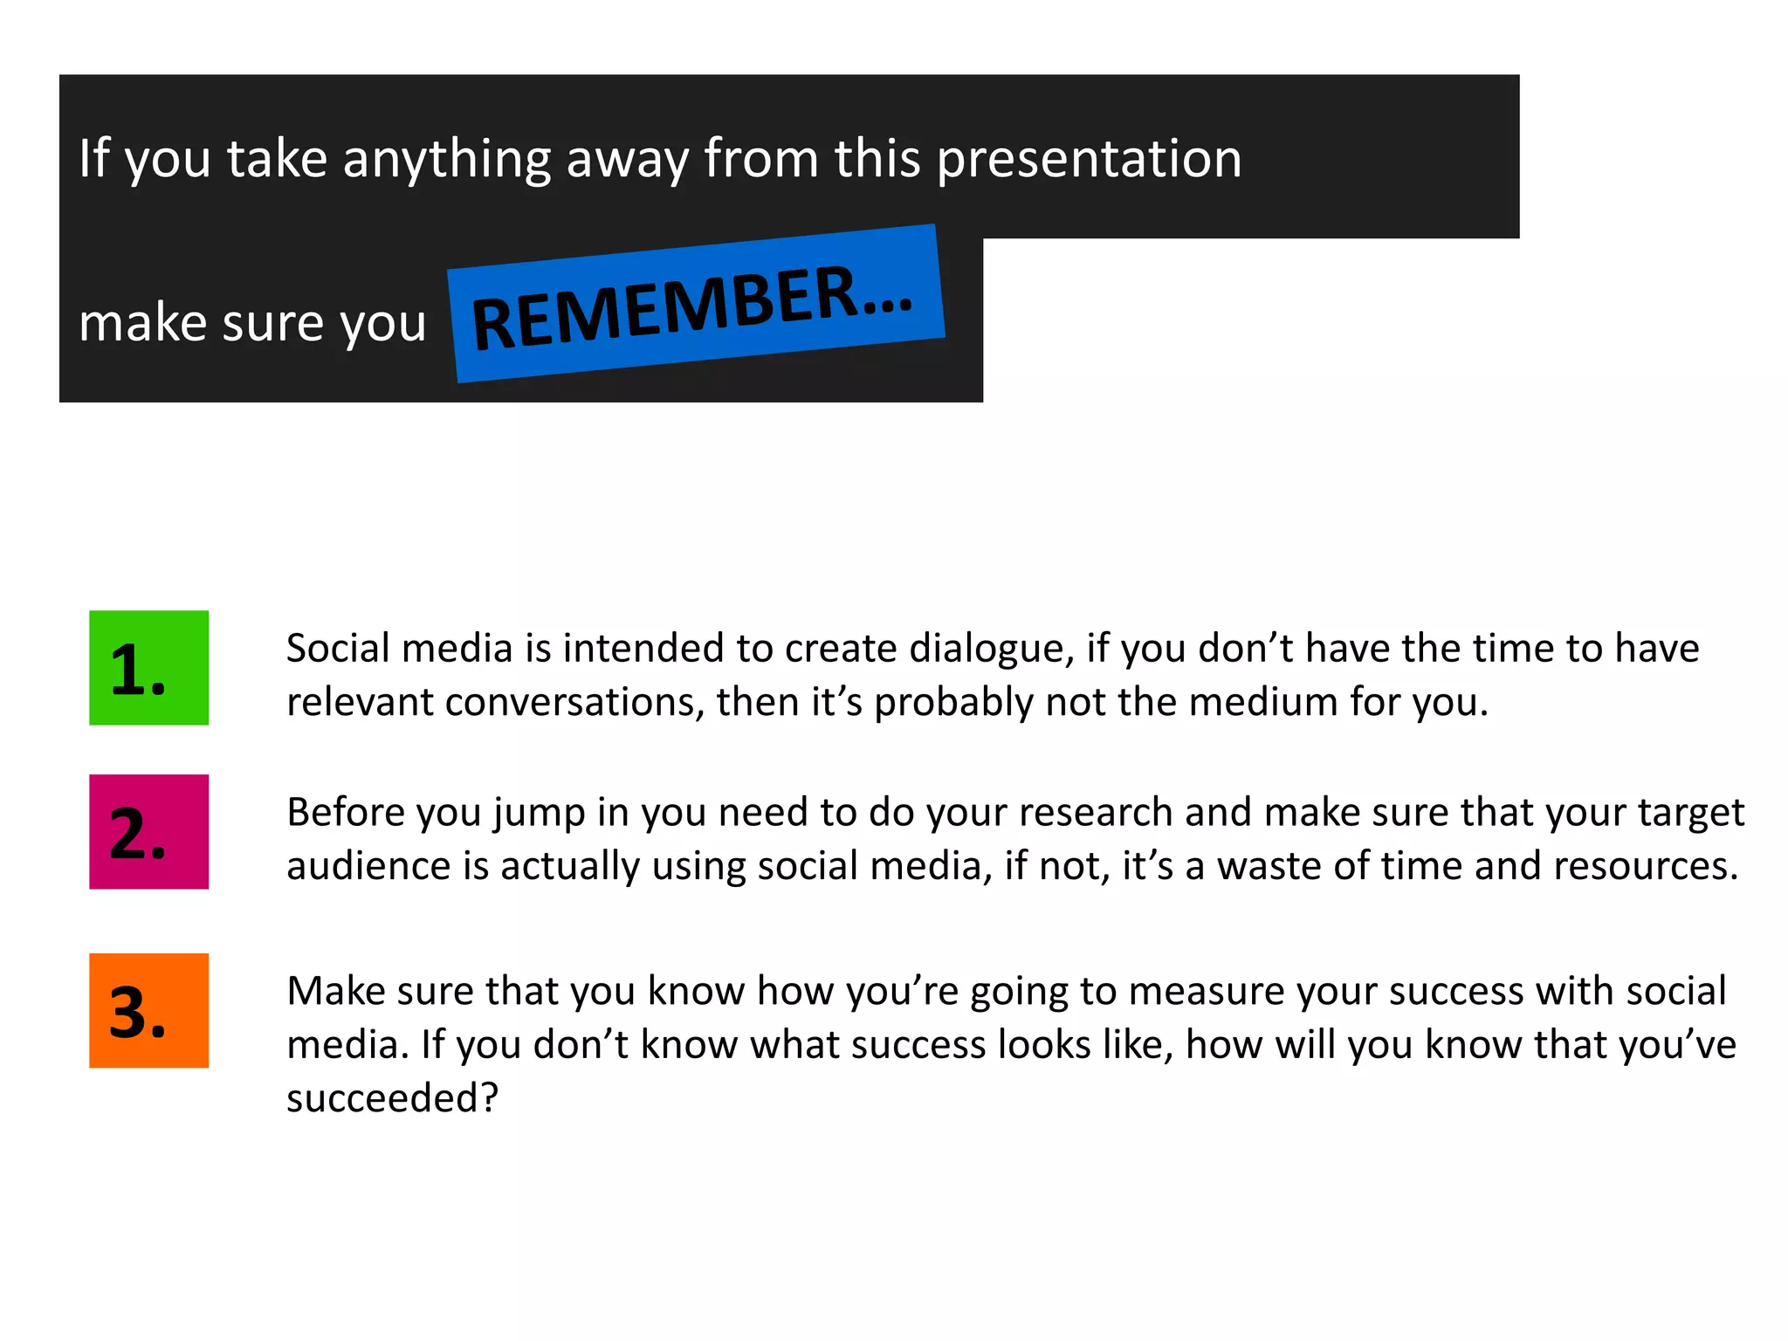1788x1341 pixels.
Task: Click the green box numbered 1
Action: (x=148, y=668)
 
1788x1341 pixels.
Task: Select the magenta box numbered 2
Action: (x=148, y=832)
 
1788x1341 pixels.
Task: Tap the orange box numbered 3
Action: (x=148, y=1011)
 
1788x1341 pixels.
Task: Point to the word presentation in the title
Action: (x=1089, y=161)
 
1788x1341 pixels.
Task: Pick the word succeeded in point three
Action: (x=392, y=1098)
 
